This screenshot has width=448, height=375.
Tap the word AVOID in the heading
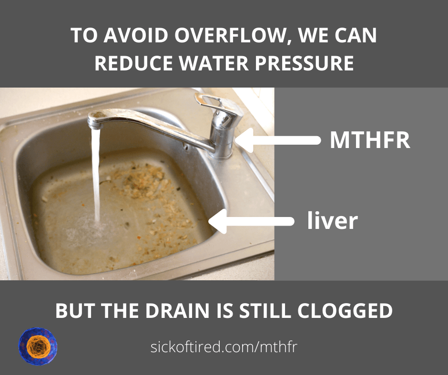tap(136, 35)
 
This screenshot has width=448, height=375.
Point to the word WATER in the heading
tap(214, 63)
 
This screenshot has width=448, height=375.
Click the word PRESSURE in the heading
tap(304, 63)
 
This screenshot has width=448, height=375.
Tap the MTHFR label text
tap(370, 140)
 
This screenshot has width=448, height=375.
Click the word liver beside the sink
tap(332, 220)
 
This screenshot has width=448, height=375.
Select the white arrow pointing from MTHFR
tap(278, 140)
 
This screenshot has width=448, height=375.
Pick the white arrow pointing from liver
tap(252, 221)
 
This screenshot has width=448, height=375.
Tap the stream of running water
tap(96, 174)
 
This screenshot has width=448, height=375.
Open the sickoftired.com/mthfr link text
tap(224, 347)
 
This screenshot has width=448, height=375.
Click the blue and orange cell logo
tap(38, 346)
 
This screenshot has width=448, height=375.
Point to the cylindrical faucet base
tap(221, 140)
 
